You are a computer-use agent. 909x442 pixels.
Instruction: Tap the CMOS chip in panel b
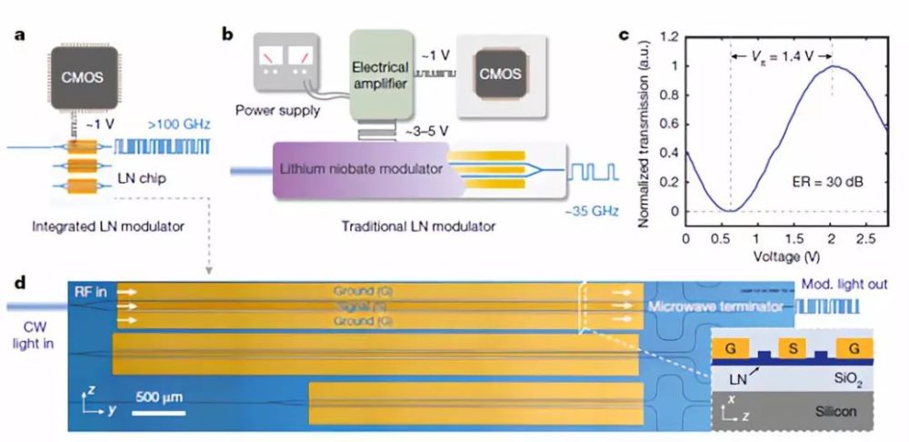[503, 74]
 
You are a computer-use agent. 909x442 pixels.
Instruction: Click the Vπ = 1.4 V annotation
[781, 57]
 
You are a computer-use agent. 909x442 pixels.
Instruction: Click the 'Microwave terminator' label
[715, 306]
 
